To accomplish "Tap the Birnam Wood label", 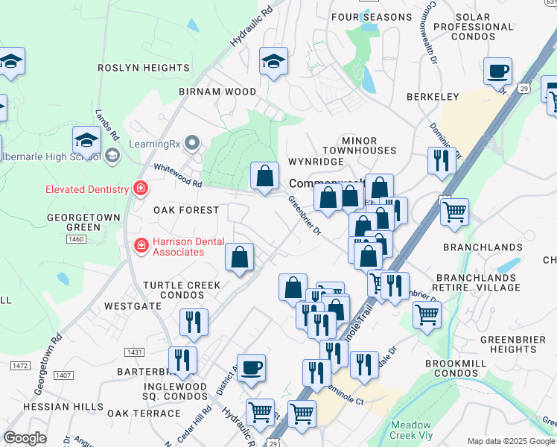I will [x=217, y=92].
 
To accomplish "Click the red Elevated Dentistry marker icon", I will [x=139, y=189].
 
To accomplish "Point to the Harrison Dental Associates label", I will [x=179, y=247].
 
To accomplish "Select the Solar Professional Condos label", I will [x=474, y=27].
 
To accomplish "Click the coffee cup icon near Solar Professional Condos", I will [x=497, y=72].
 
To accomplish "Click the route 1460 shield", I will [x=76, y=239].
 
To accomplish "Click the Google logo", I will [x=25, y=438].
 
